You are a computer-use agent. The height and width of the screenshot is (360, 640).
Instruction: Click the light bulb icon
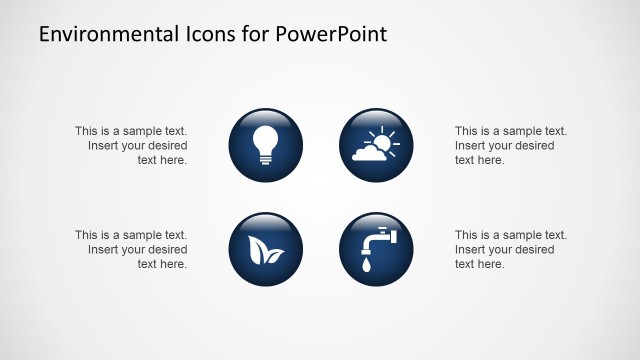[265, 145]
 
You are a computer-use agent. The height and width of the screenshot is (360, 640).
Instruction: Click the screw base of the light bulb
[265, 161]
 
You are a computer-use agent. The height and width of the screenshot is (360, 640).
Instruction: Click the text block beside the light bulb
[131, 145]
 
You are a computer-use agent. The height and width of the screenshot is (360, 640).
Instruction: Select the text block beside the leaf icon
[131, 250]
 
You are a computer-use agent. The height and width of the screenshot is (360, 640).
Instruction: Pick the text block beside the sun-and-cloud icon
[510, 145]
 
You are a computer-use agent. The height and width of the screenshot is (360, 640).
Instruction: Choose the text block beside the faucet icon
[510, 250]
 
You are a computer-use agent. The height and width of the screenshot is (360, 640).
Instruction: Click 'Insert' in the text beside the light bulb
[103, 145]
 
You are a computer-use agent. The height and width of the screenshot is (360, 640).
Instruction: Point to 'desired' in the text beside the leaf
[166, 250]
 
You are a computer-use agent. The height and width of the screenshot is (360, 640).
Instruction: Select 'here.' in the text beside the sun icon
[491, 160]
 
